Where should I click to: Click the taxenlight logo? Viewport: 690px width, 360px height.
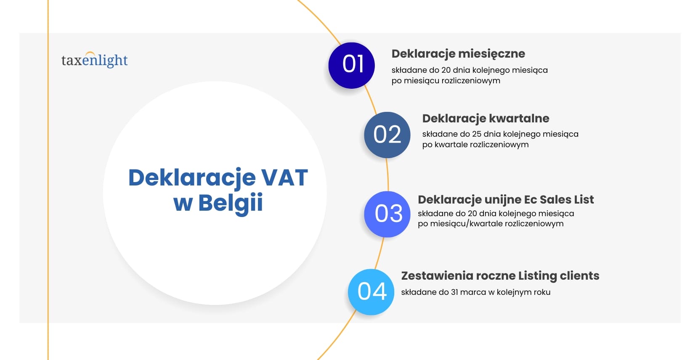coord(94,61)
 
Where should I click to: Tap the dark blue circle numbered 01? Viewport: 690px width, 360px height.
coord(352,65)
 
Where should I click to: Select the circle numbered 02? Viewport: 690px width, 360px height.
coord(387,135)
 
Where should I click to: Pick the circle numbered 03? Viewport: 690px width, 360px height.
coord(387,214)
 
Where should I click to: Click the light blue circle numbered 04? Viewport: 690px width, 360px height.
coord(371,292)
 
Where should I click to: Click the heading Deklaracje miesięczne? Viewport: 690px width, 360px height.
coord(458,54)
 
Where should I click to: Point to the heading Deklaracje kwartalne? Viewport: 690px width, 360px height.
coord(486,119)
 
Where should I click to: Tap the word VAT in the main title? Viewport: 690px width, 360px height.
coord(285,177)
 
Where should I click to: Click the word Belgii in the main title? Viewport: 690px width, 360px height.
coord(231,203)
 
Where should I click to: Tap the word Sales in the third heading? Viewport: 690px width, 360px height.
coord(554,199)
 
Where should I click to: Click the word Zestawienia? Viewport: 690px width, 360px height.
coord(437,276)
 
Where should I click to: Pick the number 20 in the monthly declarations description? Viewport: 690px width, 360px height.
coord(446,70)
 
